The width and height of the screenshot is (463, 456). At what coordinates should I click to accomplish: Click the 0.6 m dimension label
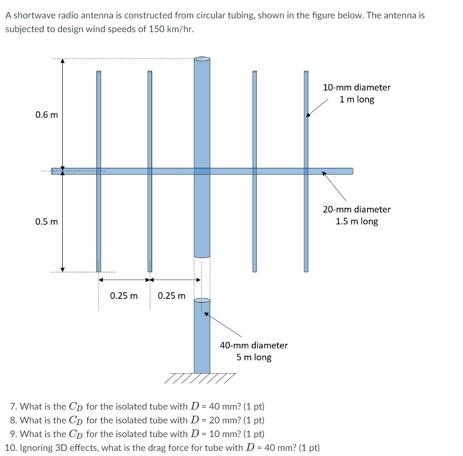tap(46, 115)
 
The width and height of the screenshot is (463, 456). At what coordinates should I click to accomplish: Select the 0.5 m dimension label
tap(46, 222)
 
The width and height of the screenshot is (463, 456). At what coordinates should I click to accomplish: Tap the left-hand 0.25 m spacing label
tap(124, 296)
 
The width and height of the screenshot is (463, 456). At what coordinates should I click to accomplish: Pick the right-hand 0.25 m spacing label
tap(172, 296)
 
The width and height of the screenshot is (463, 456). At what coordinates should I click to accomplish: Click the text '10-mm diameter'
tap(357, 87)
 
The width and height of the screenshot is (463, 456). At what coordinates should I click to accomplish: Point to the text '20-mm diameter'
tap(357, 209)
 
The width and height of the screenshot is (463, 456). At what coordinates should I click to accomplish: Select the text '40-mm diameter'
tap(254, 345)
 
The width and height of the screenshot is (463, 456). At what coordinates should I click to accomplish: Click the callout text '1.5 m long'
tap(357, 221)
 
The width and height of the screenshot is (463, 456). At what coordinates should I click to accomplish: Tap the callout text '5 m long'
tap(254, 358)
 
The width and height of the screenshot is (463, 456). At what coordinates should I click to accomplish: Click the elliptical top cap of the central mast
tap(202, 59)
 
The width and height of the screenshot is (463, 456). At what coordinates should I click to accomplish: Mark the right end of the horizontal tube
tap(352, 171)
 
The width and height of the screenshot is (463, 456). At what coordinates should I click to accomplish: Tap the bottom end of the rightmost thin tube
tap(306, 270)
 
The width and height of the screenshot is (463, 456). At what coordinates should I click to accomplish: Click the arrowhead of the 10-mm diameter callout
tap(308, 116)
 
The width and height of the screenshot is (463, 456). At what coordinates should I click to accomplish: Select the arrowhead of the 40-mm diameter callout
tap(206, 314)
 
